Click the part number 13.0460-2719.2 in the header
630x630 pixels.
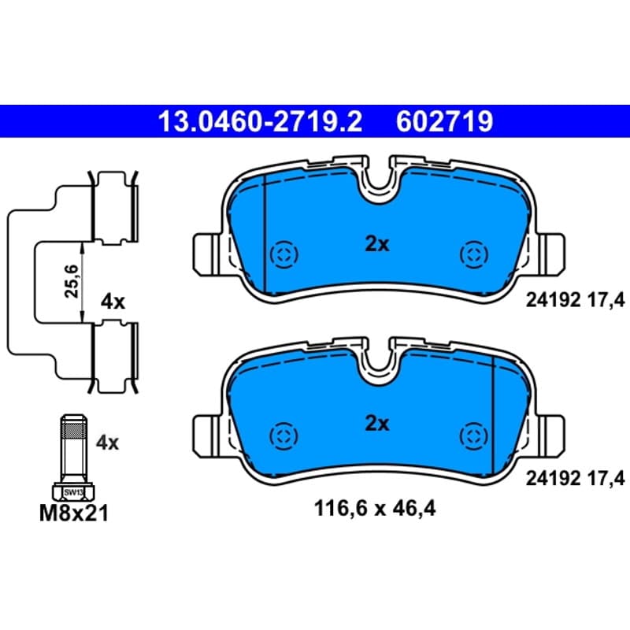(261, 122)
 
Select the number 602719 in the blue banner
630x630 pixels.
(444, 122)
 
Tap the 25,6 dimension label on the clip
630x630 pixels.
(72, 281)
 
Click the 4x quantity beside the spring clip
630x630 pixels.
(113, 302)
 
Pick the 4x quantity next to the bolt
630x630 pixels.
(107, 443)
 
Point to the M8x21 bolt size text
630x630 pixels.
(74, 513)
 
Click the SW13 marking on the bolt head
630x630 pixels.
(73, 491)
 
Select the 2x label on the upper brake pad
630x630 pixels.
(377, 244)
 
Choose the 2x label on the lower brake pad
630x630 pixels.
(377, 424)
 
